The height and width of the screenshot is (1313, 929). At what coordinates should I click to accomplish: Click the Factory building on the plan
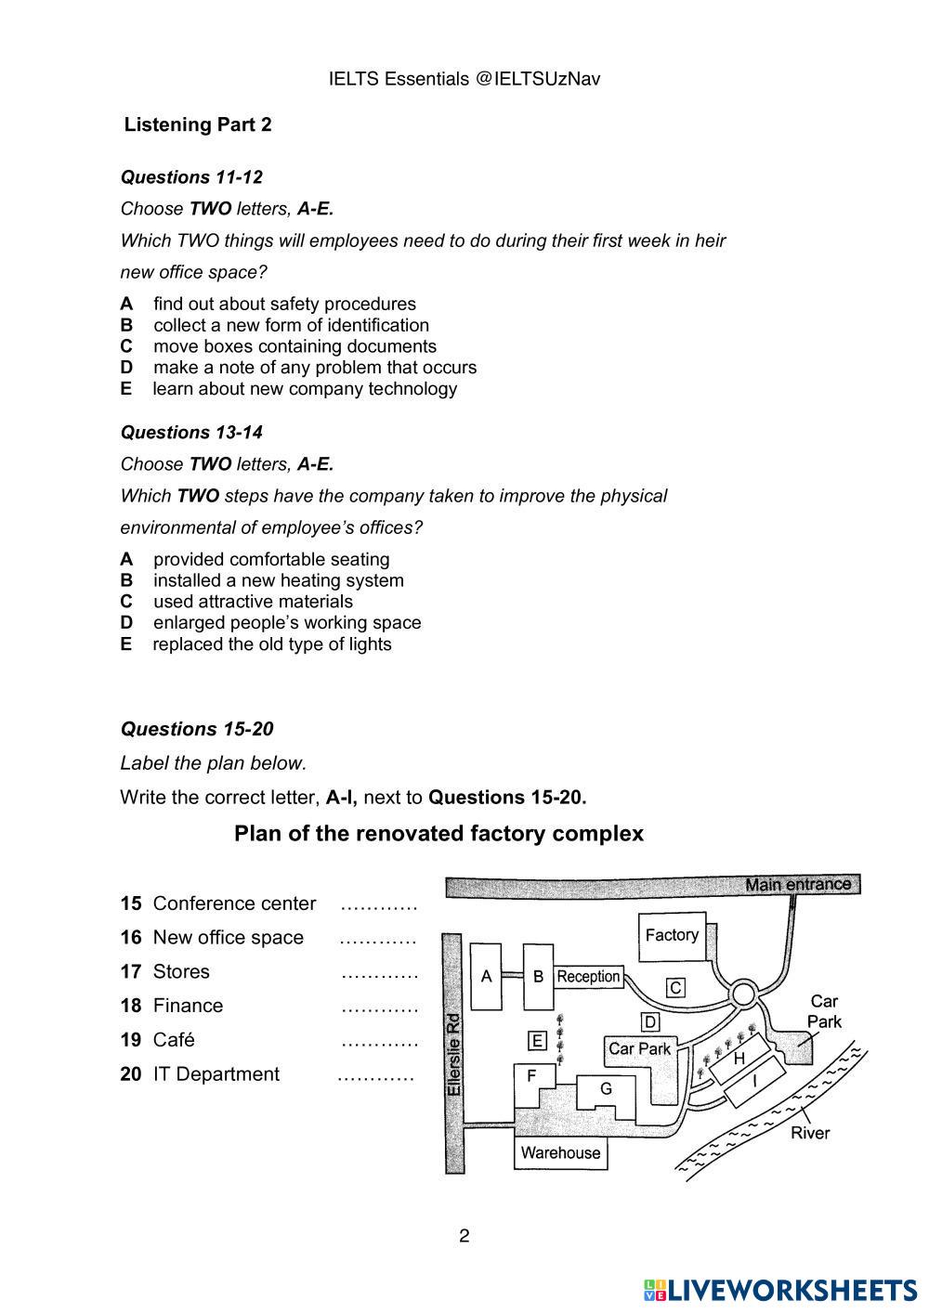(671, 936)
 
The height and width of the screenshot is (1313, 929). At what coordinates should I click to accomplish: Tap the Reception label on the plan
(588, 977)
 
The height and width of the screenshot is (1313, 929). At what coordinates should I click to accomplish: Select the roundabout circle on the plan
(743, 994)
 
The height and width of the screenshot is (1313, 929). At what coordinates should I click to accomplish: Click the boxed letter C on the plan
(676, 988)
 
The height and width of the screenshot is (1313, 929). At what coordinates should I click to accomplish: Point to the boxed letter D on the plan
(650, 1022)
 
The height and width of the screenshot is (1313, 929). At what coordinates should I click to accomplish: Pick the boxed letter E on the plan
(536, 1041)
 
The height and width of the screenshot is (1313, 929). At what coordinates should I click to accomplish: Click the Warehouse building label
(560, 1153)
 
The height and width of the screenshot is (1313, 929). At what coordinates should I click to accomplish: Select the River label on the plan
(810, 1133)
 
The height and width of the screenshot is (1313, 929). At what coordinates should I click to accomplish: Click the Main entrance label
(797, 885)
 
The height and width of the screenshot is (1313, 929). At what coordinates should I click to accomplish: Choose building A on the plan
(486, 976)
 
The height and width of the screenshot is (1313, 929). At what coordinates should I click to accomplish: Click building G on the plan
(606, 1089)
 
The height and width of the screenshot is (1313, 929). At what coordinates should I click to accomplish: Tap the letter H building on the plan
(739, 1059)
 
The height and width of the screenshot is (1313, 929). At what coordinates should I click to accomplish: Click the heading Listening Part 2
(198, 124)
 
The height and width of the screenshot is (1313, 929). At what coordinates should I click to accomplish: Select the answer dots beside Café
(379, 1042)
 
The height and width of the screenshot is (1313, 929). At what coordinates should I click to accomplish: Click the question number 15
(130, 903)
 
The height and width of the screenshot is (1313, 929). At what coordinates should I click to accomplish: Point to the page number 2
(464, 1236)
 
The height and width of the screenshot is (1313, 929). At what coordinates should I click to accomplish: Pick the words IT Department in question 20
(216, 1074)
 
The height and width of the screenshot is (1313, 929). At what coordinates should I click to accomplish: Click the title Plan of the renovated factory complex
(438, 834)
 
